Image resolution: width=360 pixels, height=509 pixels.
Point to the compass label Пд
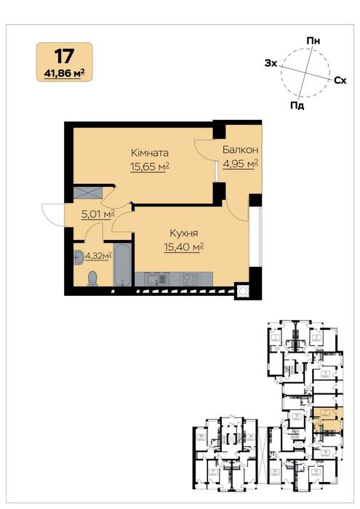click(x=296, y=105)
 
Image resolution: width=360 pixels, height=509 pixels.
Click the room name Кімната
click(x=150, y=153)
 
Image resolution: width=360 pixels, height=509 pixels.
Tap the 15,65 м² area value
click(x=150, y=167)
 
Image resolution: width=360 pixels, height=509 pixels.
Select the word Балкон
click(x=241, y=150)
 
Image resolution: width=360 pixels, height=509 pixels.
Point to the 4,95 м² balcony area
click(x=241, y=164)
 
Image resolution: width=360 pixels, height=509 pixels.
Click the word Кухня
click(x=184, y=233)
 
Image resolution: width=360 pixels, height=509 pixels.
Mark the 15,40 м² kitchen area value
click(x=184, y=247)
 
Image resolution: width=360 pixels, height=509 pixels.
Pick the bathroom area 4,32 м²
click(x=98, y=255)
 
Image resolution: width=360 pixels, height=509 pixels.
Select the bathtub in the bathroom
click(x=122, y=265)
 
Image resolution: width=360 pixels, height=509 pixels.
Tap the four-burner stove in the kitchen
click(x=191, y=278)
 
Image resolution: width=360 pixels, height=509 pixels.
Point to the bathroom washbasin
click(x=79, y=256)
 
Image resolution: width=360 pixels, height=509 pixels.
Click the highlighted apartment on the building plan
click(x=321, y=420)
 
